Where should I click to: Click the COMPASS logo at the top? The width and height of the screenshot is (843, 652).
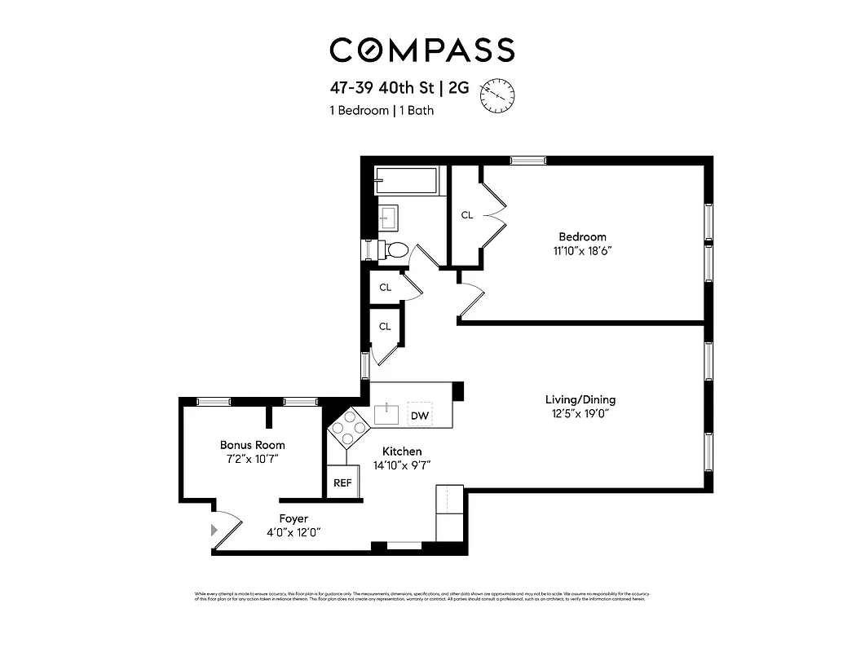click(x=421, y=51)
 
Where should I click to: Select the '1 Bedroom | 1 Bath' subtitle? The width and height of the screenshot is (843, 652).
click(x=382, y=111)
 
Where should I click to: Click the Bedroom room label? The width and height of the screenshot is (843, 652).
click(x=582, y=237)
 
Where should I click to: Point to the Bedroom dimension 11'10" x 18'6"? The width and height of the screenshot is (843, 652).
click(x=582, y=251)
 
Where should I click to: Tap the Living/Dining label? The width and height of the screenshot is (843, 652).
click(x=580, y=399)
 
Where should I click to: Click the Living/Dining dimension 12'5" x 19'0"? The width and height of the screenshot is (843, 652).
click(x=580, y=413)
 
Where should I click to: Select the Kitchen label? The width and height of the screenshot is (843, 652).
click(x=402, y=451)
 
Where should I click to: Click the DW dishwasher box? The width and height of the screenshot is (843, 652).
click(x=420, y=416)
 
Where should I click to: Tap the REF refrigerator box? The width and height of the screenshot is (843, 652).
click(x=342, y=482)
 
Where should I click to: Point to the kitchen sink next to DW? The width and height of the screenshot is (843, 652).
click(x=386, y=414)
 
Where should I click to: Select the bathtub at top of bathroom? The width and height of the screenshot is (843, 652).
click(x=407, y=181)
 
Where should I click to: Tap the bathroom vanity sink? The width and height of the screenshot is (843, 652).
click(x=387, y=218)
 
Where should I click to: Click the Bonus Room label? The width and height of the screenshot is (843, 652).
click(x=252, y=445)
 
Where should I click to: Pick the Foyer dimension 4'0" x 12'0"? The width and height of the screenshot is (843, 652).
click(x=293, y=533)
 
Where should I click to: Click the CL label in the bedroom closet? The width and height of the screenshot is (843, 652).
click(x=467, y=215)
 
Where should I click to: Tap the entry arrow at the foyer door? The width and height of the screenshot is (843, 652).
click(x=215, y=530)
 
